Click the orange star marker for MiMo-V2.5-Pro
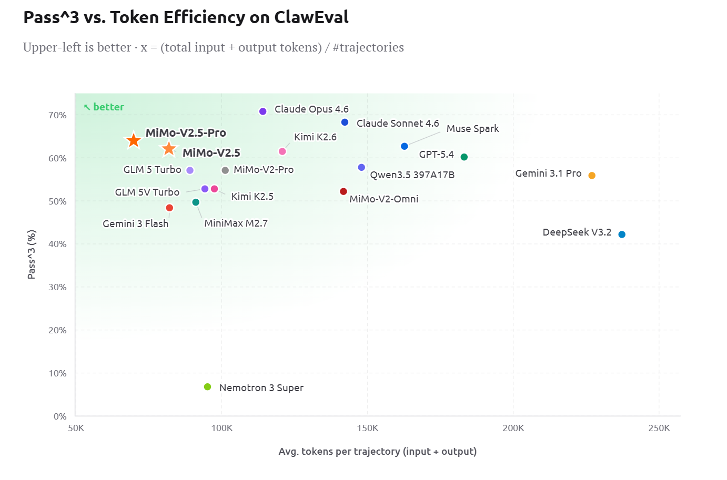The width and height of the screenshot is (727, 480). point(134,140)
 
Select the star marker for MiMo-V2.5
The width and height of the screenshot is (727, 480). point(169,149)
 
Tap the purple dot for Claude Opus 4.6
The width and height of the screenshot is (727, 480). point(263,111)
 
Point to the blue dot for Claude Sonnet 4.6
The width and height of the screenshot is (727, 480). point(345,122)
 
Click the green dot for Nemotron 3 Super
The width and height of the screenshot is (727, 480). point(208,387)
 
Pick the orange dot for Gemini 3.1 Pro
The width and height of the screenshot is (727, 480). point(592,176)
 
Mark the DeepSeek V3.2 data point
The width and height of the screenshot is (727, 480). point(622,234)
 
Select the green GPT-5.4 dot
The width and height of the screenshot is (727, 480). point(464,157)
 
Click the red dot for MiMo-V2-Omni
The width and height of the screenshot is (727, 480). point(344,192)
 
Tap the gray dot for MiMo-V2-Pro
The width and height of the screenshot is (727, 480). point(225,170)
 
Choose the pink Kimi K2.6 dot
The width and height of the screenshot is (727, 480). point(282,151)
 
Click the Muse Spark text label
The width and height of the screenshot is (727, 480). point(472,129)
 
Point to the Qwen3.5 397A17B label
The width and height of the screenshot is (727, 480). point(412,175)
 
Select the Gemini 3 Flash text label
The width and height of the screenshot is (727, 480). point(135,224)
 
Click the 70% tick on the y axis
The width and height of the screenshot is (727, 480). point(57,115)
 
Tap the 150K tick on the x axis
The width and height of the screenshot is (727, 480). point(367,428)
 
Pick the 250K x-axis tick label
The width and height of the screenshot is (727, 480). point(659,428)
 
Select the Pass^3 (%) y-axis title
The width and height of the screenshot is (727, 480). point(32,254)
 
